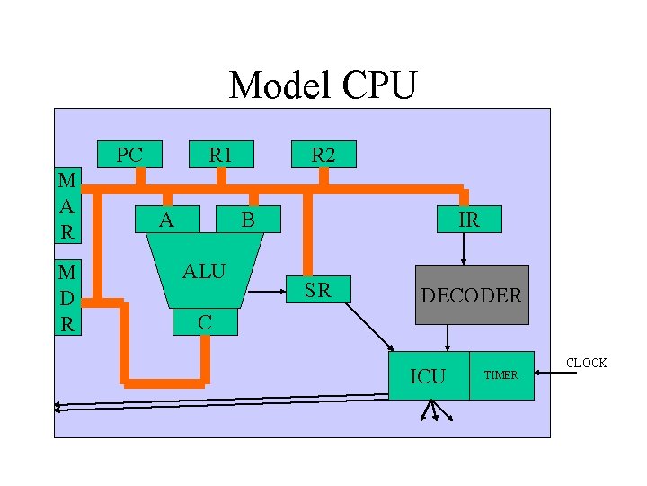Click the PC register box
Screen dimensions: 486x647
[129, 155]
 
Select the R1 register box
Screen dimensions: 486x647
[220, 155]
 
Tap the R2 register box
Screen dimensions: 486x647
[323, 155]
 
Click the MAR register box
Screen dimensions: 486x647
[66, 204]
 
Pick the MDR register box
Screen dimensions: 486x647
[66, 297]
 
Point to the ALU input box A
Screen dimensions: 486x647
[165, 219]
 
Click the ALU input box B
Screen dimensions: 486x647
[249, 219]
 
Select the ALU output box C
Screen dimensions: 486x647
[204, 321]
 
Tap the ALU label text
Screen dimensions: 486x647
[204, 271]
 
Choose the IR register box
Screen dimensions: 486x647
[468, 220]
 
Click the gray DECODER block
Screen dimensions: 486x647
[472, 294]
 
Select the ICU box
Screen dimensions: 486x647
[428, 375]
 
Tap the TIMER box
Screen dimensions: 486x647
[501, 375]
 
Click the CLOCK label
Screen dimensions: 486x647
[586, 363]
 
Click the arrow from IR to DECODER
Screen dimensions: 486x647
[464, 248]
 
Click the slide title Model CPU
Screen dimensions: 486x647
[323, 86]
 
